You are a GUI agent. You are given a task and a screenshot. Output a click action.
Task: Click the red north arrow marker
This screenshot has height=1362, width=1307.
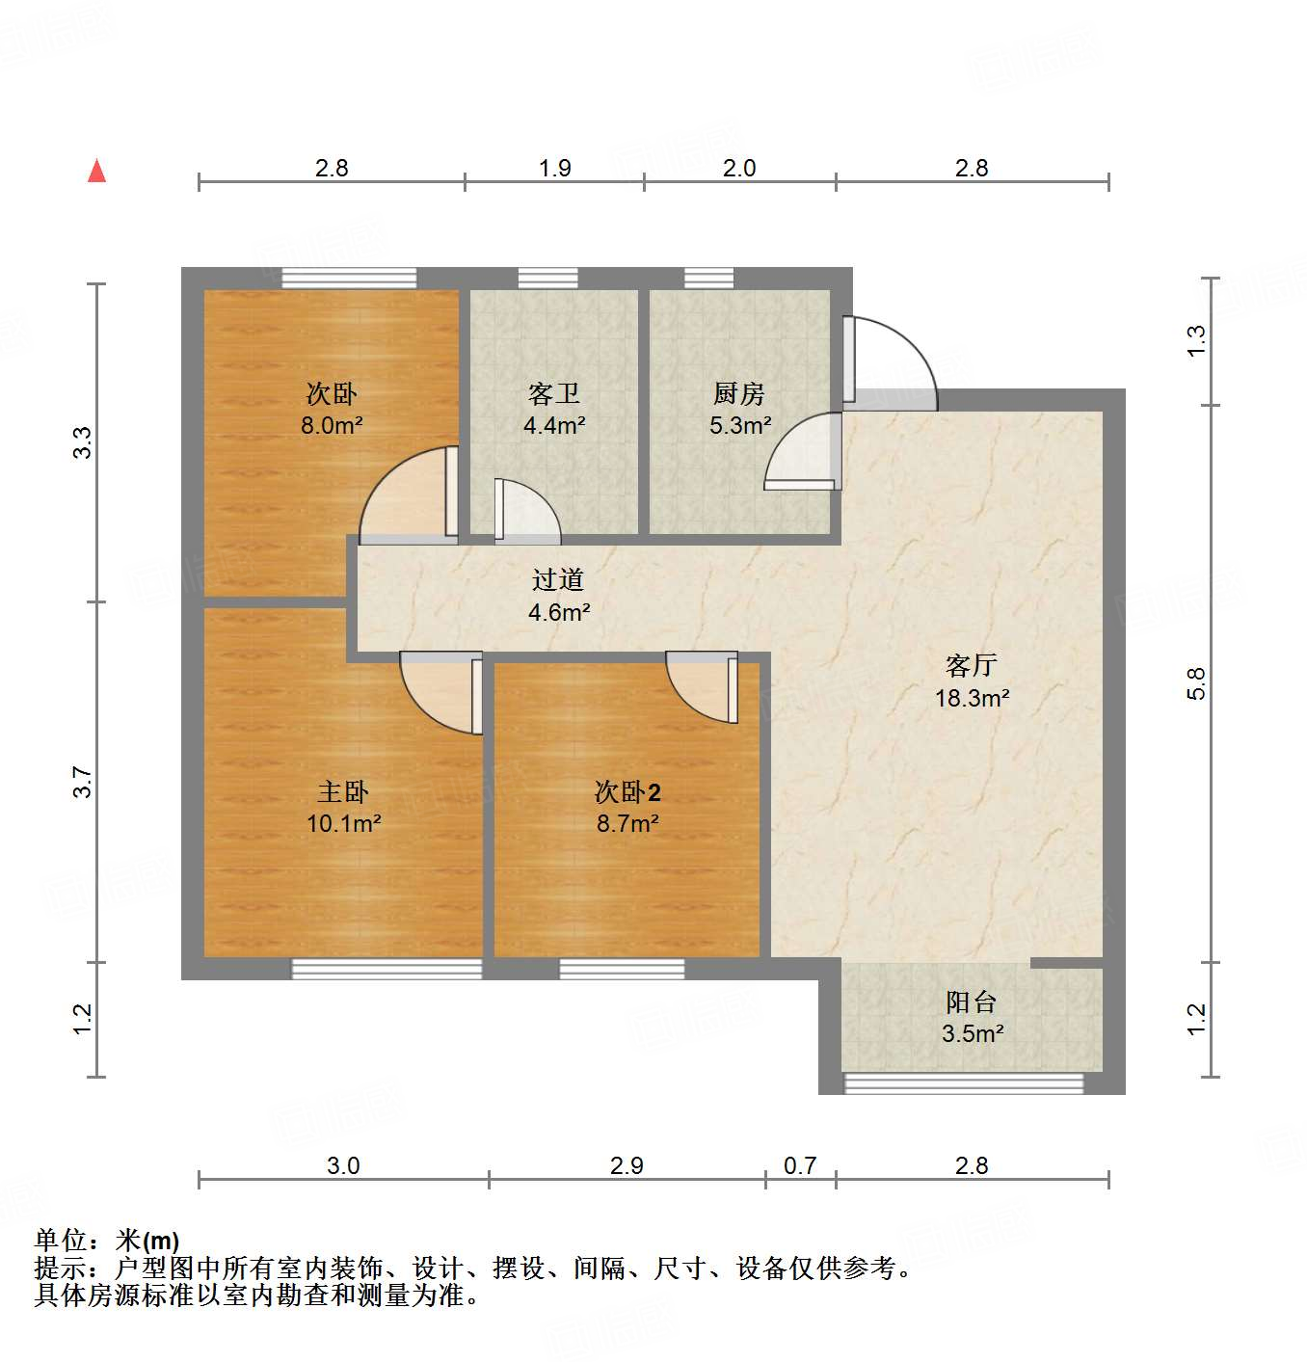pyautogui.click(x=96, y=171)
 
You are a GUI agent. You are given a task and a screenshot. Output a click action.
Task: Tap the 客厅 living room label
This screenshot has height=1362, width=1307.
pyautogui.click(x=971, y=666)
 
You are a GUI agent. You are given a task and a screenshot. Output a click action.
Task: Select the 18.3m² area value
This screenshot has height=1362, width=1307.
pyautogui.click(x=972, y=698)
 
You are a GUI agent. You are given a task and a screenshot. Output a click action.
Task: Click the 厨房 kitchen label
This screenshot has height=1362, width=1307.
pyautogui.click(x=739, y=393)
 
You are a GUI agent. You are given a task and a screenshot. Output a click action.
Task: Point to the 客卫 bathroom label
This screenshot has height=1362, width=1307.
pyautogui.click(x=554, y=393)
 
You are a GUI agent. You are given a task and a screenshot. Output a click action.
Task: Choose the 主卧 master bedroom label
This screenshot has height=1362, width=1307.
pyautogui.click(x=343, y=792)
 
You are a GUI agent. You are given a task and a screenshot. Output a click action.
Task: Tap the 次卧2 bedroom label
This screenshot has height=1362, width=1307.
pyautogui.click(x=627, y=792)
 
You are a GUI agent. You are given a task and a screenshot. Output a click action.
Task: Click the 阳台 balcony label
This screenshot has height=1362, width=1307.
pyautogui.click(x=971, y=1002)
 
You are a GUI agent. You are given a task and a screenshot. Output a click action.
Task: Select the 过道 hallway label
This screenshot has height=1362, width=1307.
pyautogui.click(x=558, y=579)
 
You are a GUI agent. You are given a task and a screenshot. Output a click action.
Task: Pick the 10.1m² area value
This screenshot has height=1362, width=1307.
pyautogui.click(x=344, y=823)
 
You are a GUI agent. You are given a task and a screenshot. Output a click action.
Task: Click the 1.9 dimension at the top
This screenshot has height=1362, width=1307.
pyautogui.click(x=554, y=168)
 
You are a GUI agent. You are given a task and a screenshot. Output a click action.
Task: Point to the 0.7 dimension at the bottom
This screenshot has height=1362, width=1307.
pyautogui.click(x=799, y=1165)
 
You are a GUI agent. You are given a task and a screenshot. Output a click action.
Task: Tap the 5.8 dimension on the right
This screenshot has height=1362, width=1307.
pyautogui.click(x=1196, y=683)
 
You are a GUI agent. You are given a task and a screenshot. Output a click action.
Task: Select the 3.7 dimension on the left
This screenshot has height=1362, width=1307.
pyautogui.click(x=83, y=781)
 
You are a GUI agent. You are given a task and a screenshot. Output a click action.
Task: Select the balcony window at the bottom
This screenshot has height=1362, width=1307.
pyautogui.click(x=964, y=1083)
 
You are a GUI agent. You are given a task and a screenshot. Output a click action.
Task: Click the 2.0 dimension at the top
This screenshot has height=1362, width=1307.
pyautogui.click(x=739, y=168)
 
